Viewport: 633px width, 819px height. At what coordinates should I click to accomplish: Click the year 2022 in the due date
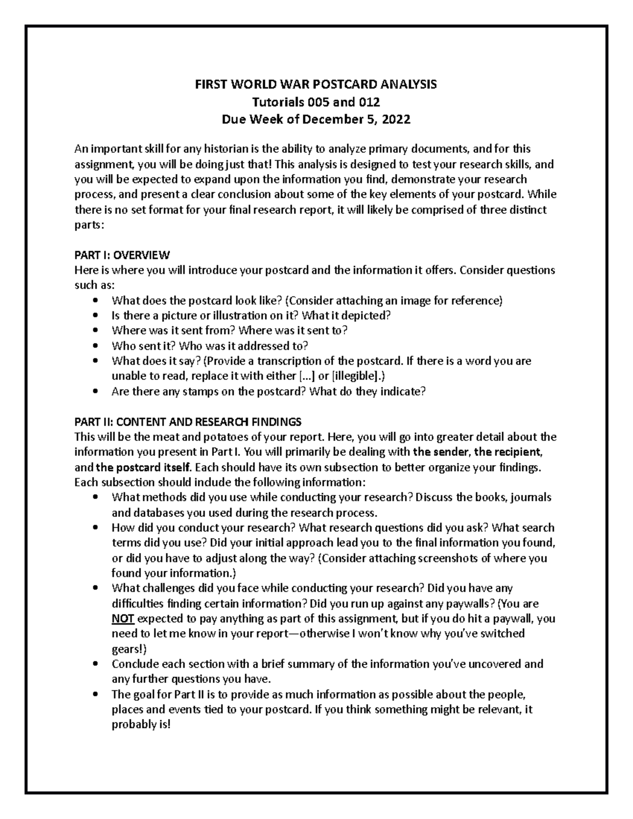point(396,119)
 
